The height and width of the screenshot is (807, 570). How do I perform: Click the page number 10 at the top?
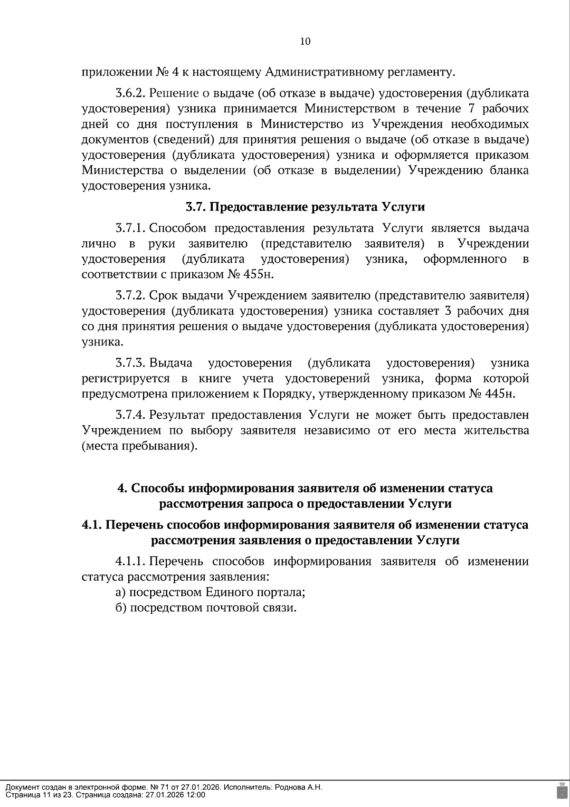coord(305,41)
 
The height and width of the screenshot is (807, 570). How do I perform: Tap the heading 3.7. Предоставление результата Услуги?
coord(305,207)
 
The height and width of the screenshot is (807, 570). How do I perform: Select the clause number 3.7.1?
coord(130,228)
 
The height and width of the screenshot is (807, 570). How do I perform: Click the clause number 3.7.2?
coord(130,296)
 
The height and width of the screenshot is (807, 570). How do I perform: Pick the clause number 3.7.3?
coord(130,363)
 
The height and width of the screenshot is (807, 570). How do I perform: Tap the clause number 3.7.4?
coord(130,415)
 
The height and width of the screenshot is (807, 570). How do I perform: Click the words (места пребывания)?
coord(139,446)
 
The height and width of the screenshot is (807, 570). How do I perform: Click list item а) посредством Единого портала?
coord(210,592)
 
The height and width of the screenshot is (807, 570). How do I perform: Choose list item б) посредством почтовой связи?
coord(206,608)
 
